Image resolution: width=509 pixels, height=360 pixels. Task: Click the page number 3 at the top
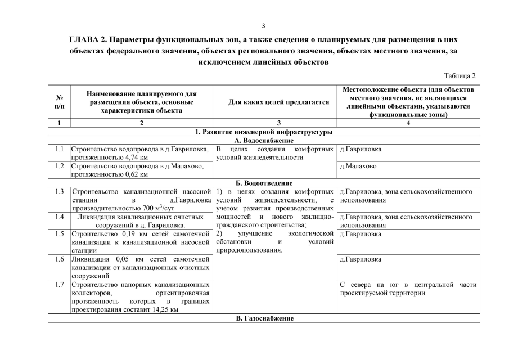point(263,25)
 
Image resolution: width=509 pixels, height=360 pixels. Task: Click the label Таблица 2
point(460,75)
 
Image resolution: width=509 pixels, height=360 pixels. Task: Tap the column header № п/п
point(59,102)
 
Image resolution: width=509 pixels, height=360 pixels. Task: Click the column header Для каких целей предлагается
point(274,102)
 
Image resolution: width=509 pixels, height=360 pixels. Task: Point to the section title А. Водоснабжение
point(264,140)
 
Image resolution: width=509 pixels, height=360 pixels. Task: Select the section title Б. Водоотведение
point(264,183)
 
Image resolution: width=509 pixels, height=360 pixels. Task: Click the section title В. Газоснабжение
point(264,318)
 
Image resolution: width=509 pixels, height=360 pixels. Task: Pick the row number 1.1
point(59,150)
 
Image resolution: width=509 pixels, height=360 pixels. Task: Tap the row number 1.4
point(59,216)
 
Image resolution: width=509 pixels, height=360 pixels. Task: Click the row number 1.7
point(59,285)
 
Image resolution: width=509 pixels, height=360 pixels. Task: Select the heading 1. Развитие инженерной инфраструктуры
point(264,132)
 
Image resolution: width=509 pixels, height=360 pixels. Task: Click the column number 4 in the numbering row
point(408,123)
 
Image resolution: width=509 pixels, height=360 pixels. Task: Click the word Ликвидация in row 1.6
point(91,259)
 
